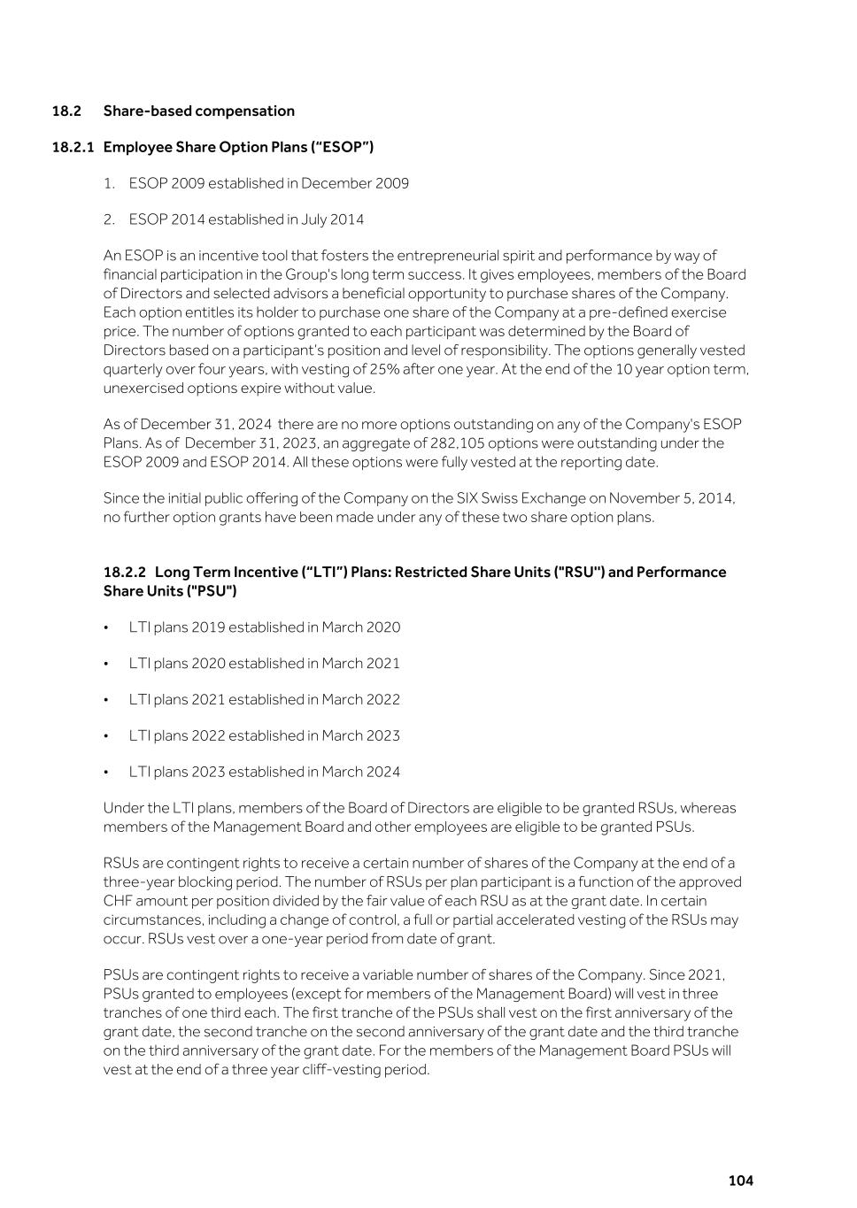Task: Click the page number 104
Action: point(740,1181)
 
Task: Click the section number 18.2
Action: point(66,111)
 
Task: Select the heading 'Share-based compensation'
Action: point(199,111)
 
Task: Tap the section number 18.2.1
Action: point(73,147)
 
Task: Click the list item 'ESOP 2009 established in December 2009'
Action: point(268,183)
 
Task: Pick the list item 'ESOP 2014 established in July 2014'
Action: point(246,219)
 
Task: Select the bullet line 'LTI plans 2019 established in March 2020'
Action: point(264,627)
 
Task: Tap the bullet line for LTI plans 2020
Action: point(264,664)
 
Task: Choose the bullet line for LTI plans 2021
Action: point(264,700)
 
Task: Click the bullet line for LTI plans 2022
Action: point(264,736)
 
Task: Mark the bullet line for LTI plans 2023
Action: point(264,773)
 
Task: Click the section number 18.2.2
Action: point(125,573)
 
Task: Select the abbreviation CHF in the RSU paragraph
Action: point(118,901)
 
